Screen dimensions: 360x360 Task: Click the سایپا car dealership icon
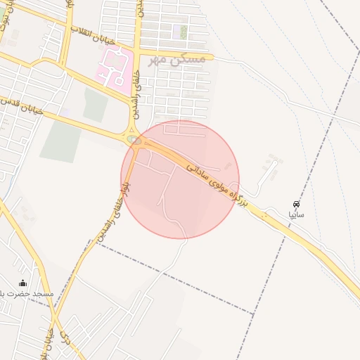(296, 202)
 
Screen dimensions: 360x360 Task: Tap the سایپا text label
(296, 213)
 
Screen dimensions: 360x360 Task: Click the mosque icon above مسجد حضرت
(21, 283)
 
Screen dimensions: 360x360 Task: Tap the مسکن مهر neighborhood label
(180, 59)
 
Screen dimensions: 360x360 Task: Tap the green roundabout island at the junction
(134, 140)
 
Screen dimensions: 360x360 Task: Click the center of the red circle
(180, 179)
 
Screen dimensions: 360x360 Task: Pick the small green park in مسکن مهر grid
(184, 32)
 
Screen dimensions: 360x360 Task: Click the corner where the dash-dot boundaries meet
(253, 311)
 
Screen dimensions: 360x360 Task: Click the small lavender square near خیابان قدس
(65, 112)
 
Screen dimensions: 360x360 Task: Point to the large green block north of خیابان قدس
(95, 105)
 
